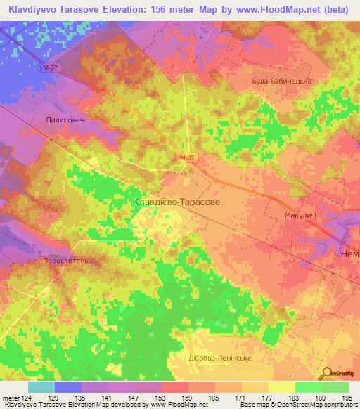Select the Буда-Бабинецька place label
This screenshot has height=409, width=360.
281,81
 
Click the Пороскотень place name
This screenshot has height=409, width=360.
66,261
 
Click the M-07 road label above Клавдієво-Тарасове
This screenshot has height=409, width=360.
186,157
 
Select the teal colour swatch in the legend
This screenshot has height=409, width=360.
41,387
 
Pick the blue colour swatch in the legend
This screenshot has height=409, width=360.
68,387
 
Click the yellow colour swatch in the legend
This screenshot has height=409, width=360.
282,387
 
